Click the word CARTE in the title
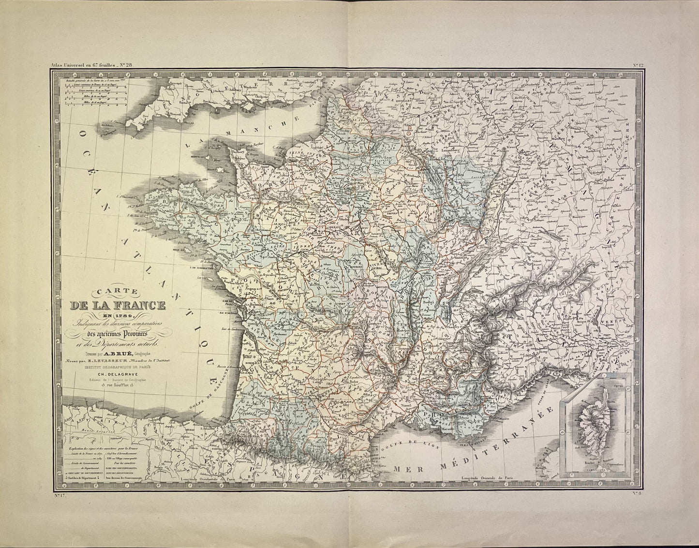click(x=118, y=292)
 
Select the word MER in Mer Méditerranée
click(x=405, y=468)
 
